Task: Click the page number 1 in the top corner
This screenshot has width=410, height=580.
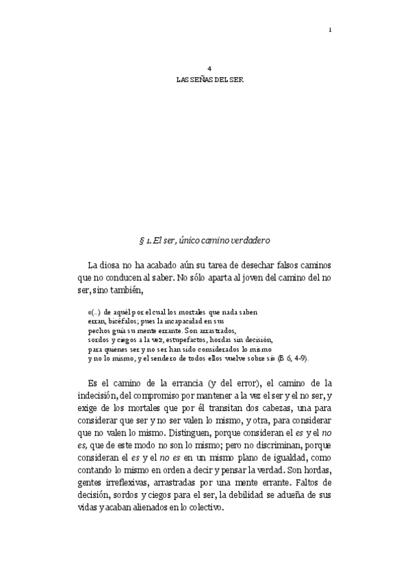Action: point(330,29)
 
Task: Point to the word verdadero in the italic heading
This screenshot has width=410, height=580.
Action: point(252,240)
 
